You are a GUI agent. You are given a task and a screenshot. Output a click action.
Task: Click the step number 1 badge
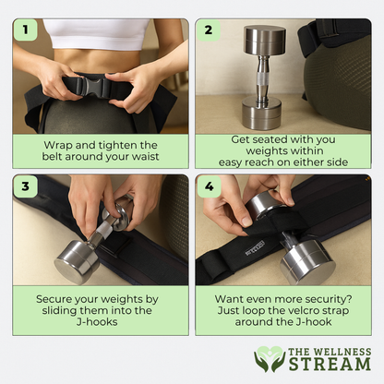coord(25,30)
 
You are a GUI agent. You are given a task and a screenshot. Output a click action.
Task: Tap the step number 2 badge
coord(209,30)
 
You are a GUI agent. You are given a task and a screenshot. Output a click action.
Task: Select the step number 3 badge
coord(25,186)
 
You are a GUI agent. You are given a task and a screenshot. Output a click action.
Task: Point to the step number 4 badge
coord(209,186)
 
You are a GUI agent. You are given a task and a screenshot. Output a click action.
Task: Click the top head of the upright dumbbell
coord(265,41)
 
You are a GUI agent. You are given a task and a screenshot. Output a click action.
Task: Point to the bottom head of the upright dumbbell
coord(261,113)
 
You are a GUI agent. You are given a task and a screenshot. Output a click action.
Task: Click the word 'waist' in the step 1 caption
coord(146,157)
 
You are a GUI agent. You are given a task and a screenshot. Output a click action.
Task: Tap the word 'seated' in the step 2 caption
coord(268,139)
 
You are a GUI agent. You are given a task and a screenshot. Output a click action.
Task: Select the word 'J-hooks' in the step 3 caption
coord(97,322)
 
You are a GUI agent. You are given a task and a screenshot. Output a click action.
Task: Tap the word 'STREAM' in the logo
coord(330,364)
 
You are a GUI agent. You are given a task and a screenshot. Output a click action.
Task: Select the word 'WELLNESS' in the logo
coord(342,352)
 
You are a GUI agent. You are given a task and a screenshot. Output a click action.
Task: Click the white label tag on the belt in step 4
coord(255,248)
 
